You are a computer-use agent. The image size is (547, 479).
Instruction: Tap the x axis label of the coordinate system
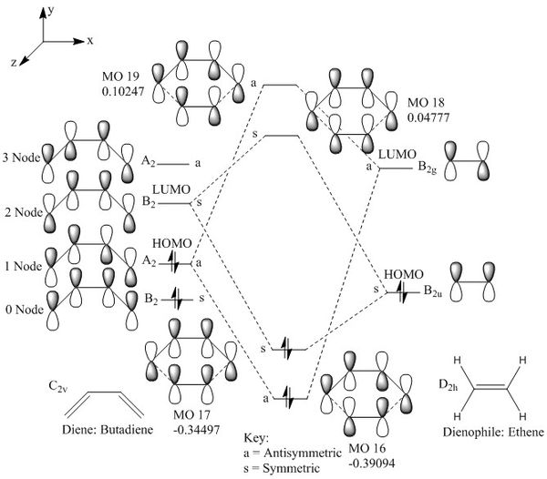(90, 40)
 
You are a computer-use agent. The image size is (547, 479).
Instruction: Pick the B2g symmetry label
(430, 167)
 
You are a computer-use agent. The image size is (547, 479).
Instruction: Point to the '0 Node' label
(21, 311)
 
